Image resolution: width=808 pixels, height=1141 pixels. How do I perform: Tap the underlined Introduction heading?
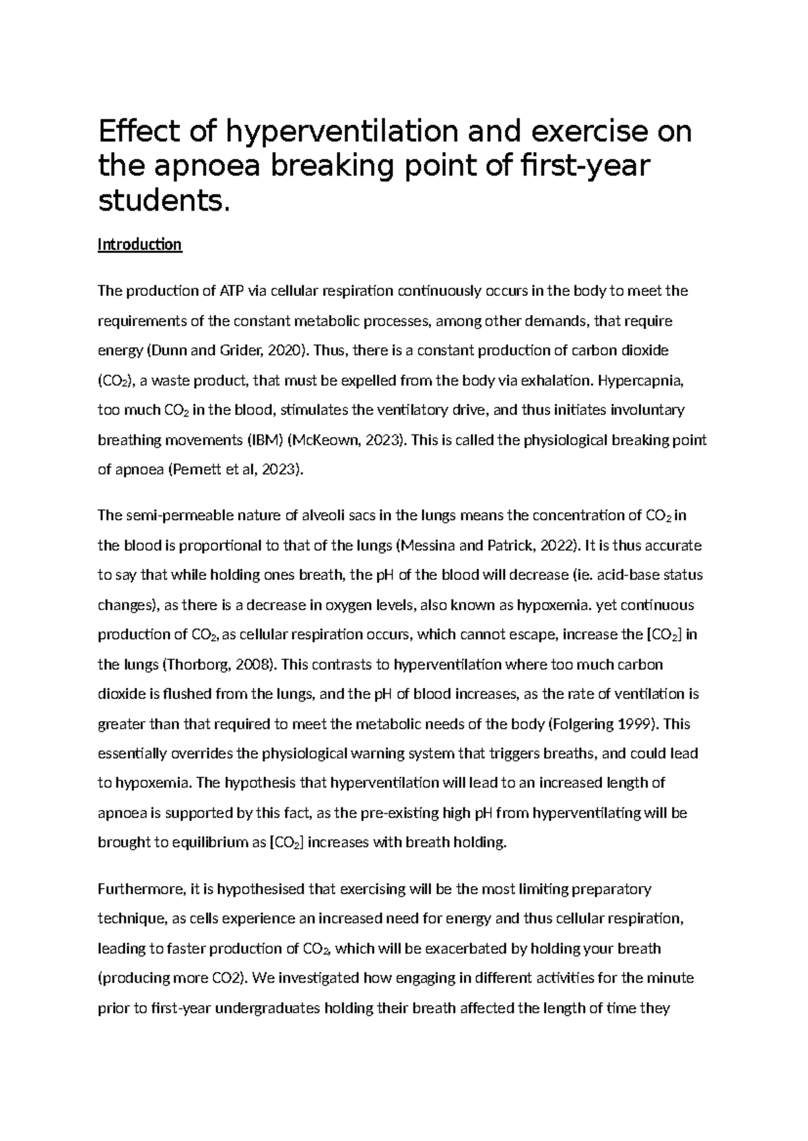(x=139, y=244)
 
